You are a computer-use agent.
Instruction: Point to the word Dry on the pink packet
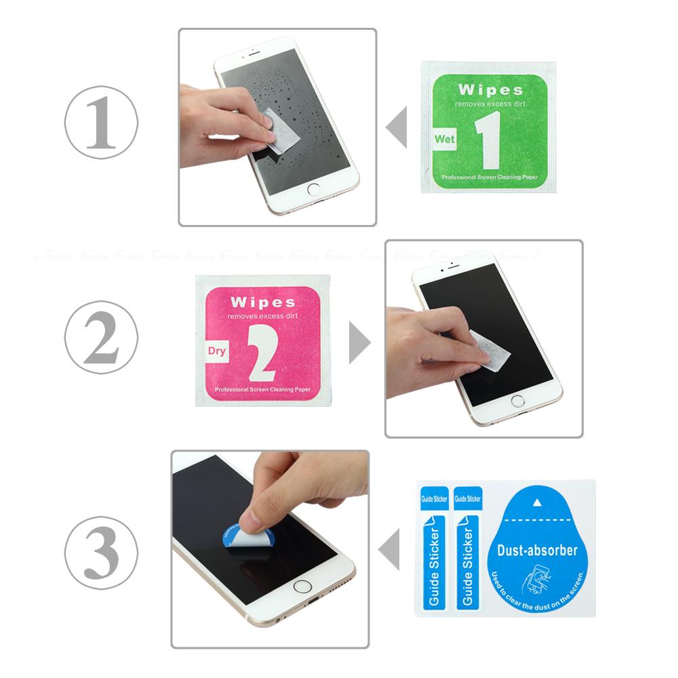click(216, 351)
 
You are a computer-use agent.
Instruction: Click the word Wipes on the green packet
click(490, 90)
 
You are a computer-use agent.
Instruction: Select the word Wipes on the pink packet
click(262, 302)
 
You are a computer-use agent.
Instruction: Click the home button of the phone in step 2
click(520, 401)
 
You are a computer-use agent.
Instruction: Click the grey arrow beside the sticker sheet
click(388, 550)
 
